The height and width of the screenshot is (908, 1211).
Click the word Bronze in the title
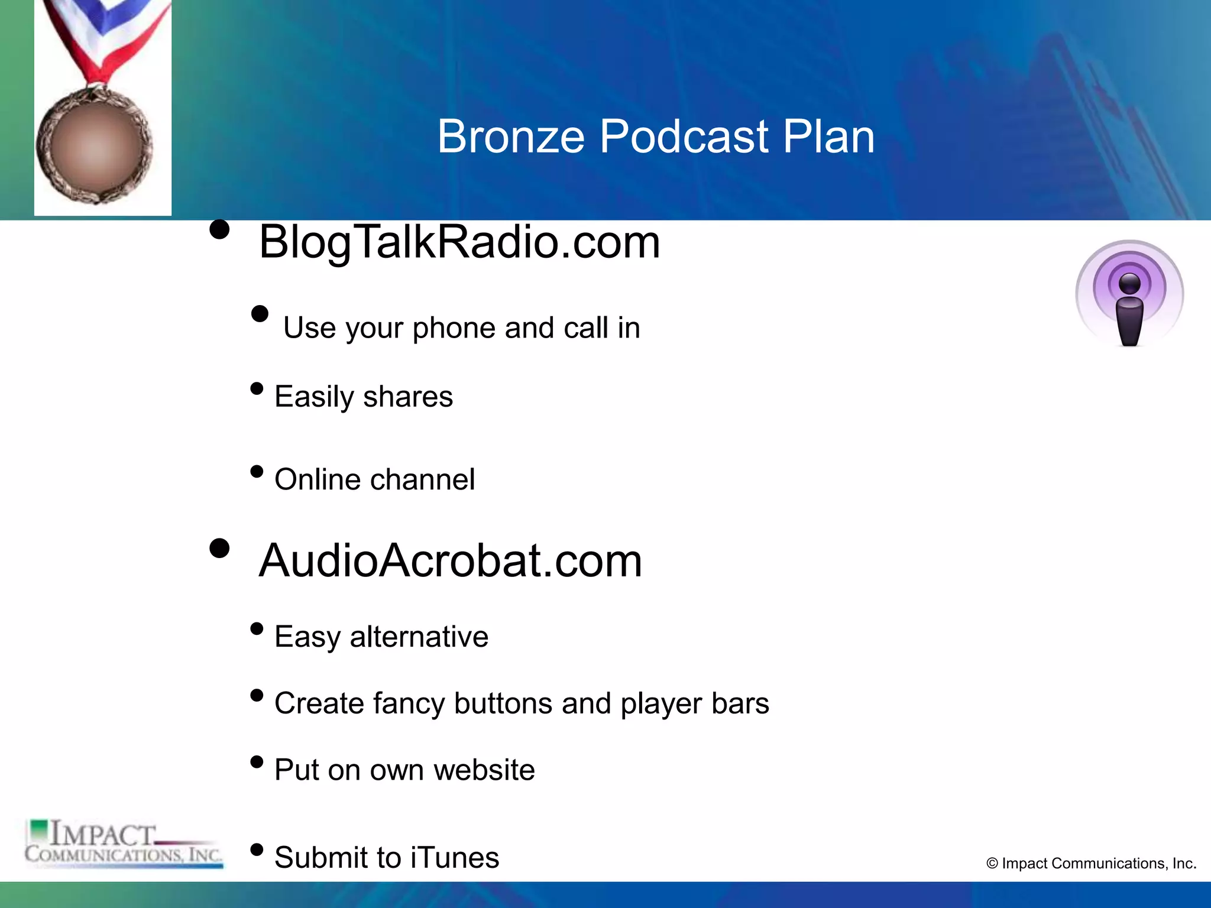coord(511,137)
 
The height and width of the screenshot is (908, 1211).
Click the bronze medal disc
coord(95,145)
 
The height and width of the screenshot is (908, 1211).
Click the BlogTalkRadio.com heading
coord(459,242)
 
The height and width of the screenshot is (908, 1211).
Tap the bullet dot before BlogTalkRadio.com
coord(219,229)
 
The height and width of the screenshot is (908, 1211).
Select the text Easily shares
coord(364,397)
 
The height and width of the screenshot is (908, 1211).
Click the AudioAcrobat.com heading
coord(451,560)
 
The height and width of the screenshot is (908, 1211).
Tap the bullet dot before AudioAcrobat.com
coord(219,548)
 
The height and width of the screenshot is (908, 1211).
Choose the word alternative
coord(419,637)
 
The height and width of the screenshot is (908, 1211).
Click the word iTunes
coord(455,858)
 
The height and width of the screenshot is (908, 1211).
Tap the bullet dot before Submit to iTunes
coord(257,850)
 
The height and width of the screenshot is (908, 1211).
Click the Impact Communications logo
coord(124,844)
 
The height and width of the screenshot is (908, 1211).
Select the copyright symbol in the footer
coord(992,864)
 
